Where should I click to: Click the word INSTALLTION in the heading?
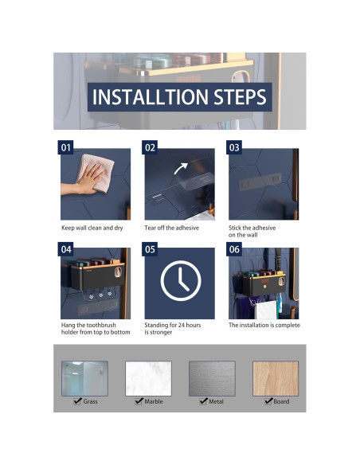(x=151, y=96)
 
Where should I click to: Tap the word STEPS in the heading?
(x=241, y=96)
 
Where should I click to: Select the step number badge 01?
(x=65, y=147)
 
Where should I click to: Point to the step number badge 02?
(x=150, y=147)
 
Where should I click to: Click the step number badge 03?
(x=234, y=147)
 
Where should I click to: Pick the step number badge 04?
(x=65, y=249)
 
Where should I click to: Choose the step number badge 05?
(x=150, y=249)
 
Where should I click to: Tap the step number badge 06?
(x=234, y=249)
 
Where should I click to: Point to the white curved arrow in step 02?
(x=179, y=168)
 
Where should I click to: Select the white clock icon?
(x=181, y=280)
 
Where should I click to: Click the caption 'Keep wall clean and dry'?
(x=92, y=228)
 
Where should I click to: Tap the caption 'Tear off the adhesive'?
(x=172, y=228)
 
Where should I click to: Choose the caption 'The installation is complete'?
(x=264, y=325)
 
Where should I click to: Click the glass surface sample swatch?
(x=84, y=378)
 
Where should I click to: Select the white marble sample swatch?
(x=148, y=378)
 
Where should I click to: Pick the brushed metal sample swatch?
(x=212, y=378)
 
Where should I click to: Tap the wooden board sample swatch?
(x=276, y=378)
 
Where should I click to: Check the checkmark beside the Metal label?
(x=203, y=401)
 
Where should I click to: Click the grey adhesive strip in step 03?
(x=260, y=182)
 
